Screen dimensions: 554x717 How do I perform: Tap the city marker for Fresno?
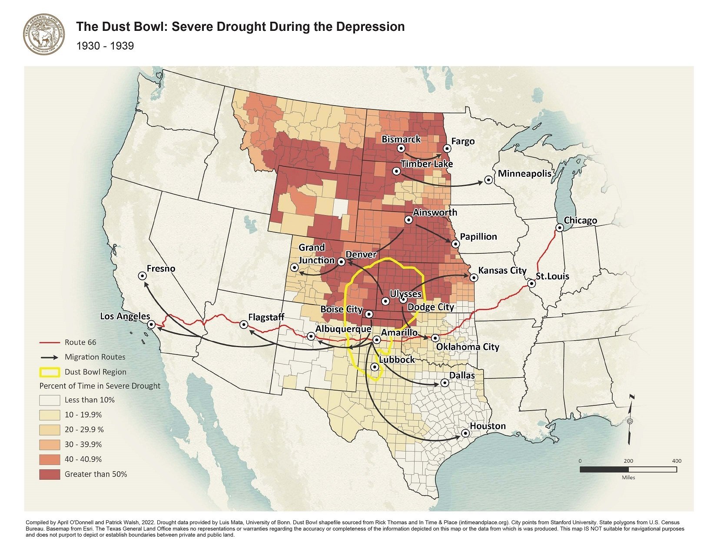click(x=142, y=275)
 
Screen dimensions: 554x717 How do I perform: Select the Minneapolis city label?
click(x=524, y=174)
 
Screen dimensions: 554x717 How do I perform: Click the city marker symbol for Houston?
click(x=465, y=433)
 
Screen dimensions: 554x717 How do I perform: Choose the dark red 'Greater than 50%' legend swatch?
click(x=49, y=474)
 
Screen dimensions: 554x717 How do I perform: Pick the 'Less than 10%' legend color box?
click(x=49, y=400)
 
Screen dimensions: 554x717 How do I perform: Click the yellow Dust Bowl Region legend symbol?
click(x=49, y=372)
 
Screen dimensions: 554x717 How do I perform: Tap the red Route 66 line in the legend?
click(x=49, y=342)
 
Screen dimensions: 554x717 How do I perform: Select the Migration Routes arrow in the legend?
click(x=49, y=357)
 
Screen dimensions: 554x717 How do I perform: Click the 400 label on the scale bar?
click(x=676, y=461)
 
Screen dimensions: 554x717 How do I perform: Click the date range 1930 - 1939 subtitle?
click(x=105, y=46)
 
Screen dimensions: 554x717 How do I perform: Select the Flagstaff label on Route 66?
click(x=266, y=317)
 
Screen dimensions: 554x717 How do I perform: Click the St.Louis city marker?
click(x=531, y=284)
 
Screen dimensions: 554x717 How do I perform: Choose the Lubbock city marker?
click(x=375, y=367)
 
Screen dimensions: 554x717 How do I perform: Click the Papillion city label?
click(x=478, y=237)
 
